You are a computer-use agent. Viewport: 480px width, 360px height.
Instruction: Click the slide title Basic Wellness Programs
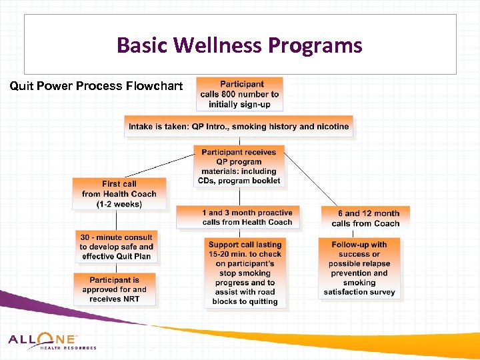pyautogui.click(x=239, y=45)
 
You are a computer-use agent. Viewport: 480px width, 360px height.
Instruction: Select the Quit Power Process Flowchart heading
pyautogui.click(x=95, y=86)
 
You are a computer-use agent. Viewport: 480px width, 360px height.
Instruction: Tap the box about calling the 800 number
pyautogui.click(x=241, y=94)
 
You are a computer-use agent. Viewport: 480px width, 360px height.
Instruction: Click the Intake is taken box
pyautogui.click(x=239, y=127)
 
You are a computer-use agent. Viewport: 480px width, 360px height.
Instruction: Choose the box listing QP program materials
pyautogui.click(x=239, y=166)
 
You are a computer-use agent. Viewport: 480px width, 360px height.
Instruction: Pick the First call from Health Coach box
pyautogui.click(x=119, y=194)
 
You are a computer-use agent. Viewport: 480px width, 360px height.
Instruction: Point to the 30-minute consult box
pyautogui.click(x=116, y=247)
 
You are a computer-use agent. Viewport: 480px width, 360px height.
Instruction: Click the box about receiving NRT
pyautogui.click(x=115, y=290)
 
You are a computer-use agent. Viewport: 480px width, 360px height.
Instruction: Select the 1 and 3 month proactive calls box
pyautogui.click(x=238, y=217)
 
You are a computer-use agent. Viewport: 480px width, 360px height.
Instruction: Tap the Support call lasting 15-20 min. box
pyautogui.click(x=245, y=273)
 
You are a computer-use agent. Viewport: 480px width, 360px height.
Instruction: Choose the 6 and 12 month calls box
pyautogui.click(x=365, y=218)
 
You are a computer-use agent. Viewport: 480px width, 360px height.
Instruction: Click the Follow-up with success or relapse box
pyautogui.click(x=359, y=268)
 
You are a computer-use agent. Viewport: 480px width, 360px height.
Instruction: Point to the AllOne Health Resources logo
pyautogui.click(x=52, y=341)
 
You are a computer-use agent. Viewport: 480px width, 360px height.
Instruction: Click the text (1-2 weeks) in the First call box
pyautogui.click(x=119, y=204)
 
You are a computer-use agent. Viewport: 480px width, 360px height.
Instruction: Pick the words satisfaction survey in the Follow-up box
pyautogui.click(x=359, y=292)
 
